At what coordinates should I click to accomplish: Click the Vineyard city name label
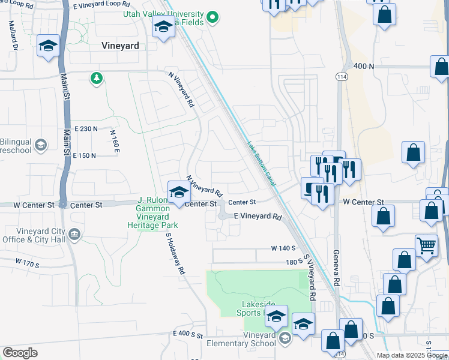point(121,46)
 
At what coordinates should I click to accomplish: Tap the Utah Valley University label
point(163,13)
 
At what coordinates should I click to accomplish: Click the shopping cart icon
point(426,244)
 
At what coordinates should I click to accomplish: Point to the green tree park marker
point(95,78)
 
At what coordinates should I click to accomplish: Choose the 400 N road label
point(364,66)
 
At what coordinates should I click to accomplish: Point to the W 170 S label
point(28,262)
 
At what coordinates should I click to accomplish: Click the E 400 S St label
point(188,333)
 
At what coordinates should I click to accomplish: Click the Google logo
point(20,353)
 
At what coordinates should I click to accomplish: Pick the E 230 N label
point(86,129)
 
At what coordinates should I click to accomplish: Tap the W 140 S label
point(284,248)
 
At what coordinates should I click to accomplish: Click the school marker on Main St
point(47,46)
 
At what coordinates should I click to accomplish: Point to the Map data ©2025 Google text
point(412,355)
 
